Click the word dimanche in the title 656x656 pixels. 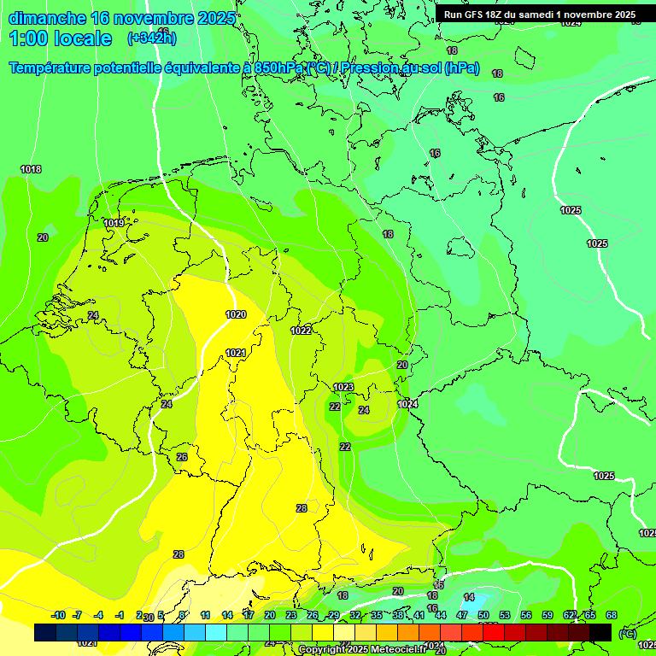point(46,18)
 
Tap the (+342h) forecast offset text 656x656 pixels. point(152,38)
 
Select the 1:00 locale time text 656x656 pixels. point(61,38)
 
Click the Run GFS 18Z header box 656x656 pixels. point(539,15)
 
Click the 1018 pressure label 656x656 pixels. point(31,169)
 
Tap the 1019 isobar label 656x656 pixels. point(114,223)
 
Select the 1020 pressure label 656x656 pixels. point(236,314)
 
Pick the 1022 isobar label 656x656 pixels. point(301,331)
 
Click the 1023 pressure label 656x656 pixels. point(343,387)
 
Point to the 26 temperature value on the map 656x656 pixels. point(182,457)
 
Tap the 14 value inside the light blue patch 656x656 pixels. point(469,597)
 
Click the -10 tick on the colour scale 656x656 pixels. point(58,615)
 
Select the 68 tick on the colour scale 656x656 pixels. point(612,615)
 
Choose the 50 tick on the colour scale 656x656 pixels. point(483,615)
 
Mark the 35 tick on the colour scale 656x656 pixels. point(377,615)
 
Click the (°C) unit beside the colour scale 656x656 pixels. point(627,633)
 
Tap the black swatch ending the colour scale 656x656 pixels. point(600,632)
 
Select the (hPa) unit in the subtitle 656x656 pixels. point(462,67)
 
